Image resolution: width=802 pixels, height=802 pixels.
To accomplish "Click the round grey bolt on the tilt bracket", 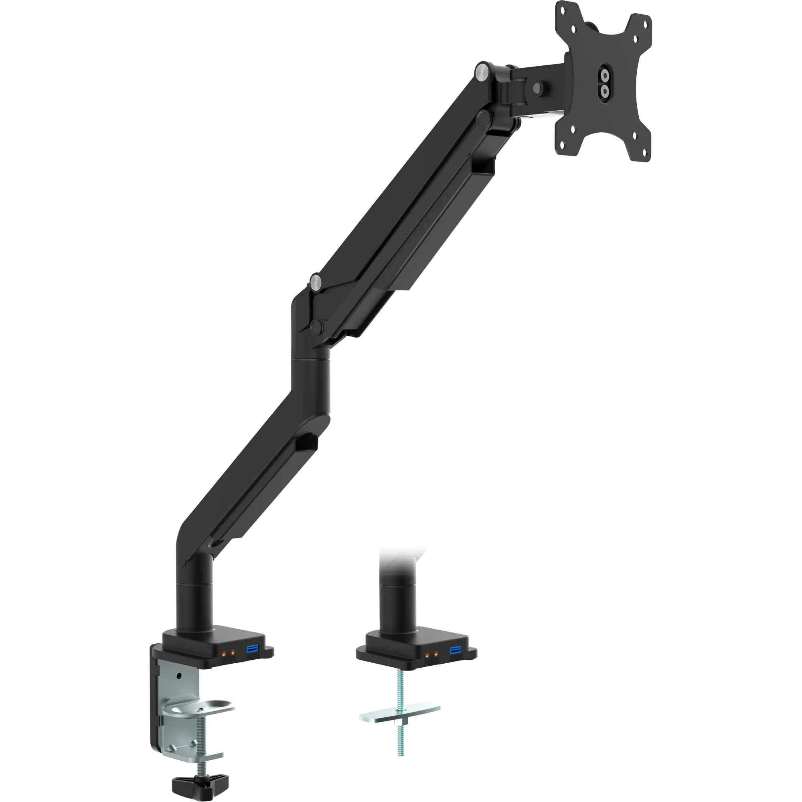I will tap(538, 87).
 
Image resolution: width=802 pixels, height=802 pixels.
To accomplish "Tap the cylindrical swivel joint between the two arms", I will tap(311, 382).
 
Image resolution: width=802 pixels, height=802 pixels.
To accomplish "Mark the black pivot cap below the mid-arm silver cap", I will tap(316, 326).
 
